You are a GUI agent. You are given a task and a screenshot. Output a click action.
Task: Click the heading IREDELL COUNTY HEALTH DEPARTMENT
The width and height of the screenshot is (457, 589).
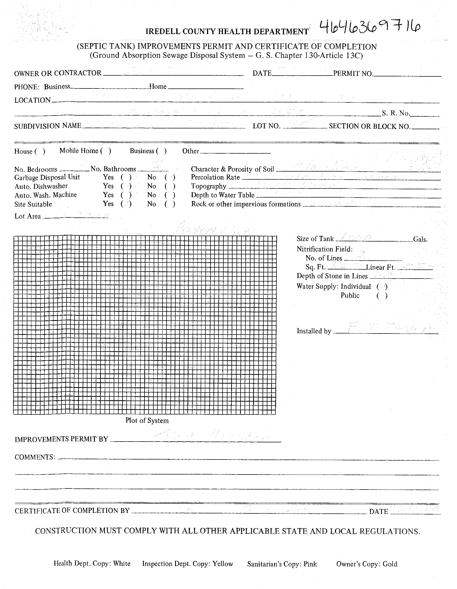coord(227,32)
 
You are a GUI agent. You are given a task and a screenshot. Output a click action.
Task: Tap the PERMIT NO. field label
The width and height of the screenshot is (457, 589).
coord(353,73)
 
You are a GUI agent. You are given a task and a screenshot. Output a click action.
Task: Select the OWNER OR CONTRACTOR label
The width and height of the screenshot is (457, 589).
coord(58,73)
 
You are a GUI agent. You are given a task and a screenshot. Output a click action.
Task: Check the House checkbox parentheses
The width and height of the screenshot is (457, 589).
coord(40,151)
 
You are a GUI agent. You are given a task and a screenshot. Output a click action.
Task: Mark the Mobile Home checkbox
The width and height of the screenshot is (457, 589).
coord(106,151)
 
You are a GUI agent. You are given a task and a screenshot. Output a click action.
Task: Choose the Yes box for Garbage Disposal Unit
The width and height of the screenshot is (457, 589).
coord(126,177)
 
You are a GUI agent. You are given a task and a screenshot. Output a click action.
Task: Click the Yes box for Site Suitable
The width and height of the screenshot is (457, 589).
coord(126,204)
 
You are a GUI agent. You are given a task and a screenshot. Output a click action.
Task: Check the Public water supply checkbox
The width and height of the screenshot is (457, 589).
coord(382,296)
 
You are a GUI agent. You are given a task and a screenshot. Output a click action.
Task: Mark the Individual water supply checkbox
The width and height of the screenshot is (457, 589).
coord(382,287)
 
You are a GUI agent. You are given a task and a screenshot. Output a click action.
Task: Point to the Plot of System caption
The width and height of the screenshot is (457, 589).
coord(147,420)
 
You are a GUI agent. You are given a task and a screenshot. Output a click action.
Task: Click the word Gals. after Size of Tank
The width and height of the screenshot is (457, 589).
coord(420,239)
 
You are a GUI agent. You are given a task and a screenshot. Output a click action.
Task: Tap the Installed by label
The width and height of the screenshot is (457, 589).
coord(314,331)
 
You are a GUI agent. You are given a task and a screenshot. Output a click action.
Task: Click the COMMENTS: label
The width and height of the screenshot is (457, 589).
coord(35,457)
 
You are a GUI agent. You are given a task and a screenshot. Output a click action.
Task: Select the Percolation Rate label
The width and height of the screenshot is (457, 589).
coord(215,177)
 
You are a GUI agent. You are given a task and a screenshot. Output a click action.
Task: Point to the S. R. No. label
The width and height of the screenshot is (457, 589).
coord(396,113)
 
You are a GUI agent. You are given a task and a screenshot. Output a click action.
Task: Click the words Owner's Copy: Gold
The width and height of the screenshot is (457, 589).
coord(367,564)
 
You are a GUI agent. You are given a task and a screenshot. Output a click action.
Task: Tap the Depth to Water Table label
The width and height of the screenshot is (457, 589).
coord(223,195)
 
